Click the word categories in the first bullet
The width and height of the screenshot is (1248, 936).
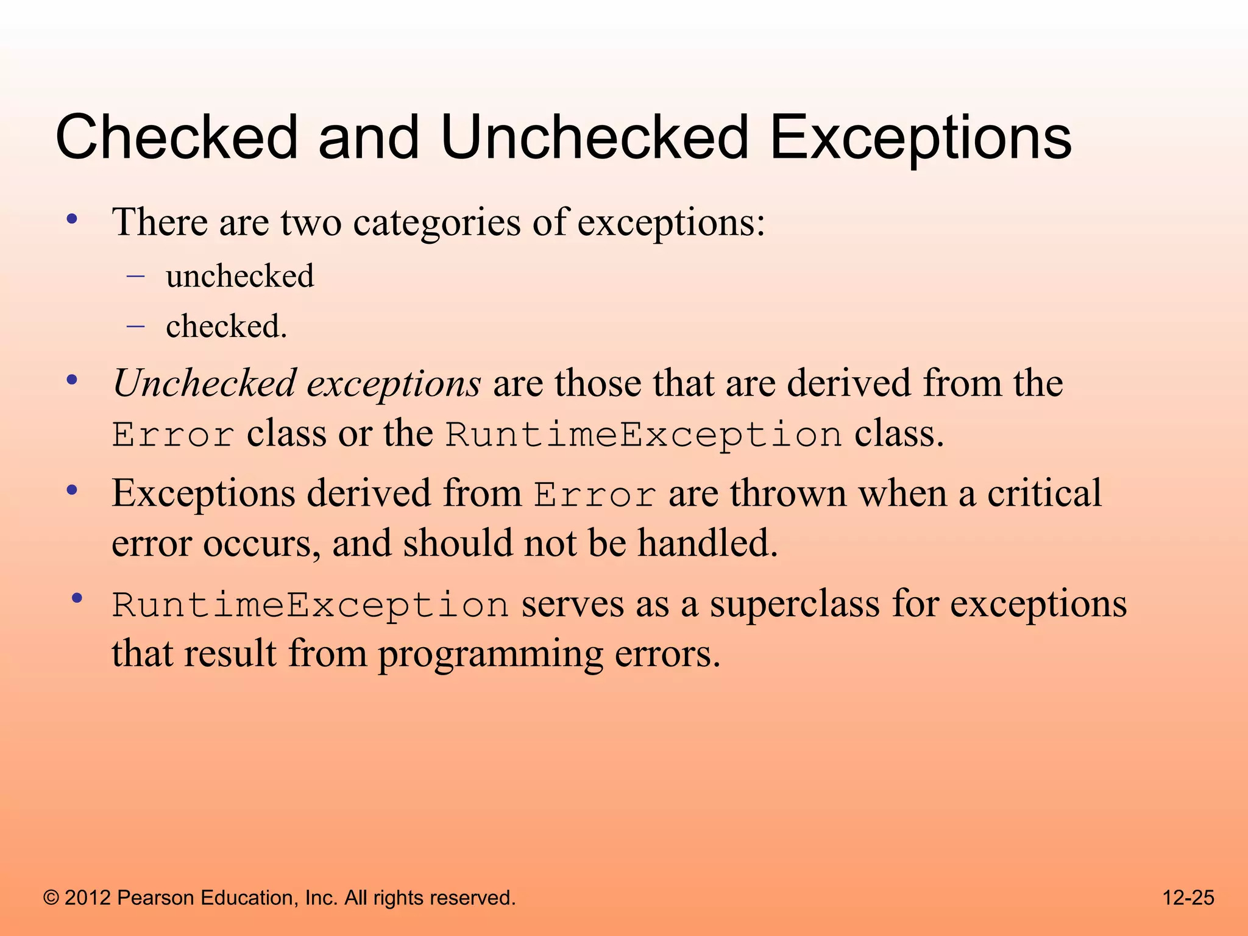[x=437, y=223]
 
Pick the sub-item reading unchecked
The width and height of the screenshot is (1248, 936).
[x=240, y=277]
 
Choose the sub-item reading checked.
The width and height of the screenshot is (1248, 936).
[x=225, y=327]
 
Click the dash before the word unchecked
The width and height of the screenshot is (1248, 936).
[x=135, y=277]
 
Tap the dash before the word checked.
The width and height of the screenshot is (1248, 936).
[x=135, y=327]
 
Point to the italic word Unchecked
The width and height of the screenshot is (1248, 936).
[x=205, y=384]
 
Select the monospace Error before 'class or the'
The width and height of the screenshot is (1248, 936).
[x=173, y=435]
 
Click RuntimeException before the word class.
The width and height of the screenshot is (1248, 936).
[x=643, y=435]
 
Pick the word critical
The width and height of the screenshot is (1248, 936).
[x=1044, y=494]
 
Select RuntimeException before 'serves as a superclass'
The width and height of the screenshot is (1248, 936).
[x=310, y=606]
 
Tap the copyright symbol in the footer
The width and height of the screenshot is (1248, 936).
[x=51, y=898]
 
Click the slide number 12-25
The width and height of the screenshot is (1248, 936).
[x=1188, y=898]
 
